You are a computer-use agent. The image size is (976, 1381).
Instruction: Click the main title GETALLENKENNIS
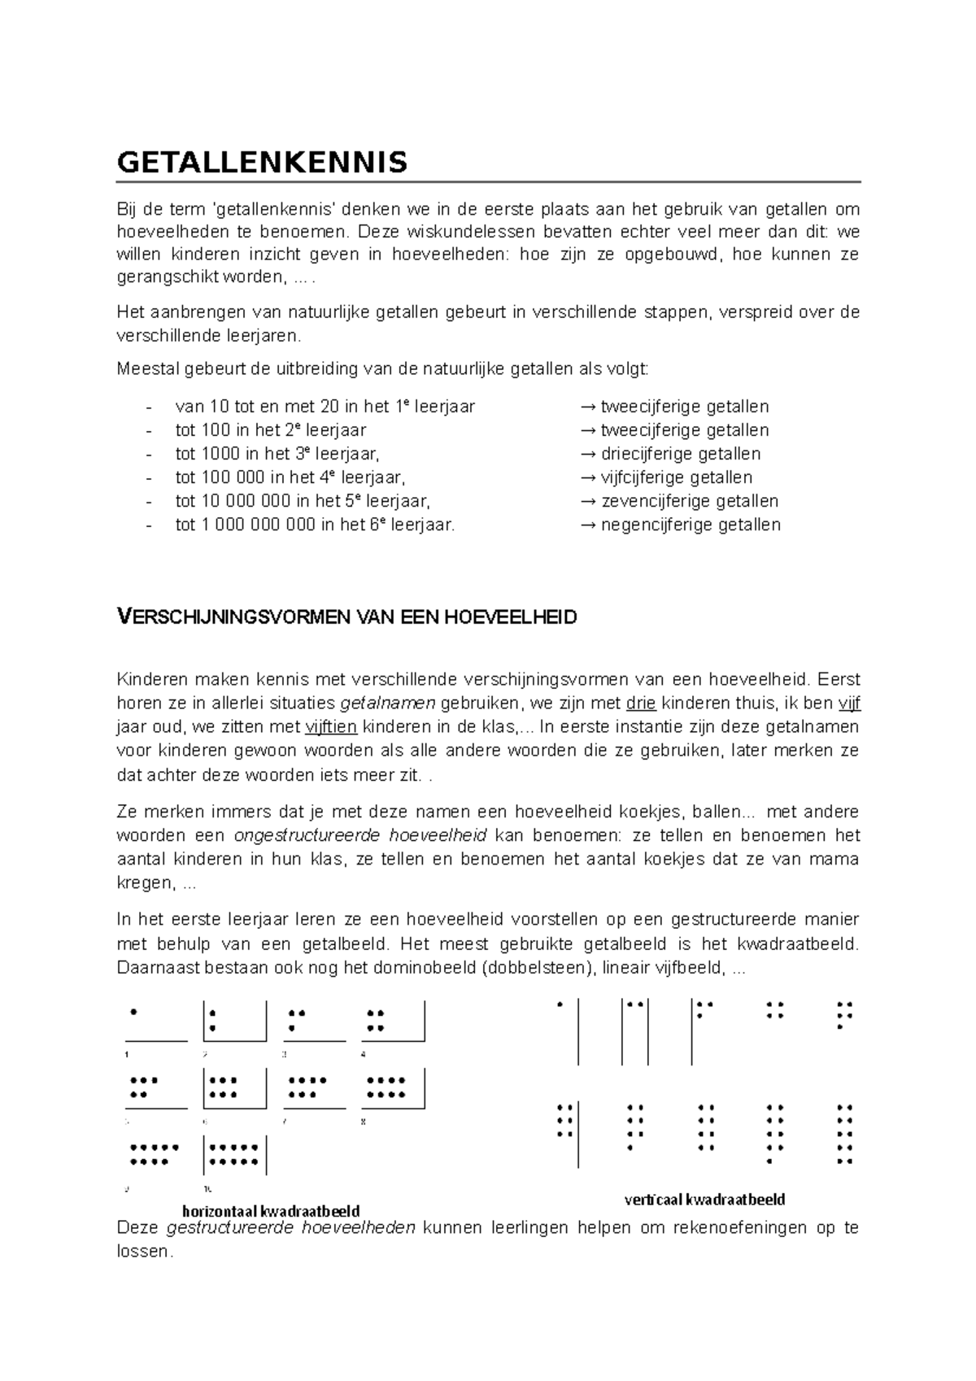262,163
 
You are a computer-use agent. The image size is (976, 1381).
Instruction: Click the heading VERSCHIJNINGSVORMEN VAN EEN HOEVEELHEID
347,617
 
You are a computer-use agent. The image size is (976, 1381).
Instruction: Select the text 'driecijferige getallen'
680,454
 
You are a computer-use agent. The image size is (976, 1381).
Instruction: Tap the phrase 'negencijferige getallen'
690,525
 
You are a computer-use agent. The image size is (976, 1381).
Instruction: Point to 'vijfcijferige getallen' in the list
676,477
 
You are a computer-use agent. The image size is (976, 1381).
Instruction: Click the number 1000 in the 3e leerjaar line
221,454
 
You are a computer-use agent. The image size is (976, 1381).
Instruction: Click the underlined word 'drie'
641,704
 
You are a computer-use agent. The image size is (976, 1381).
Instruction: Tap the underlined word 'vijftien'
331,727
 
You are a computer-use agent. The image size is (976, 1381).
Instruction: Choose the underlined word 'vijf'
848,704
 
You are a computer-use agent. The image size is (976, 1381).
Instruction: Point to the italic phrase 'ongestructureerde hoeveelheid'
359,835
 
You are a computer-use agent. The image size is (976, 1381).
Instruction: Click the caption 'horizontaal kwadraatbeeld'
271,1211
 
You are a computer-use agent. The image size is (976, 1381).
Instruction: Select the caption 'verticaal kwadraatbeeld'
704,1200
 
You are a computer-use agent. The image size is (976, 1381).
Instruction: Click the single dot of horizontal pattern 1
133,1013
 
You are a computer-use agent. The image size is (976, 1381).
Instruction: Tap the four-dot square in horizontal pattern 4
376,1021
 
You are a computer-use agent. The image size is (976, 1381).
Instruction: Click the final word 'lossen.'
146,1252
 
